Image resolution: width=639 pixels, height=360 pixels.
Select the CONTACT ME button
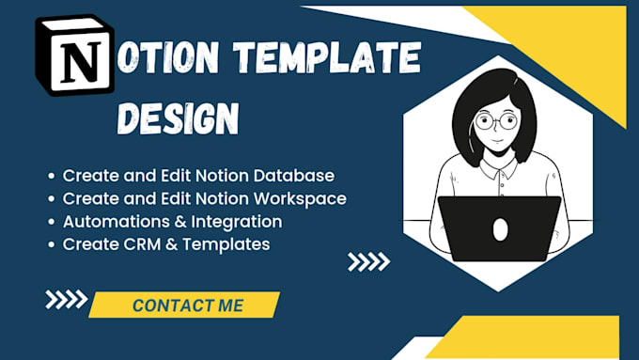187,305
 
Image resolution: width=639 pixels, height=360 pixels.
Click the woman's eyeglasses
496,122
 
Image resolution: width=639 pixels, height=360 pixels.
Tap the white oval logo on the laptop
501,228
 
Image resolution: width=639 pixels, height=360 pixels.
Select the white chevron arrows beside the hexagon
367,261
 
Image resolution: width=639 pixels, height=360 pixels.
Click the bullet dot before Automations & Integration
50,223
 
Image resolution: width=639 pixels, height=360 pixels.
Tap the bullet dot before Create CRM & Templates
50,245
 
